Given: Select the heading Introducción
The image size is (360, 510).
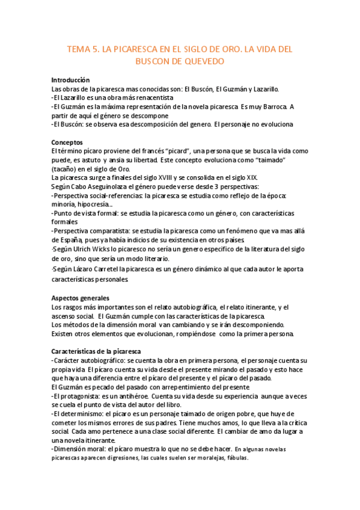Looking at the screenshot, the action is [x=70, y=80].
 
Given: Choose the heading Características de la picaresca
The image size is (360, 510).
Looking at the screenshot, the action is [x=96, y=351].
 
